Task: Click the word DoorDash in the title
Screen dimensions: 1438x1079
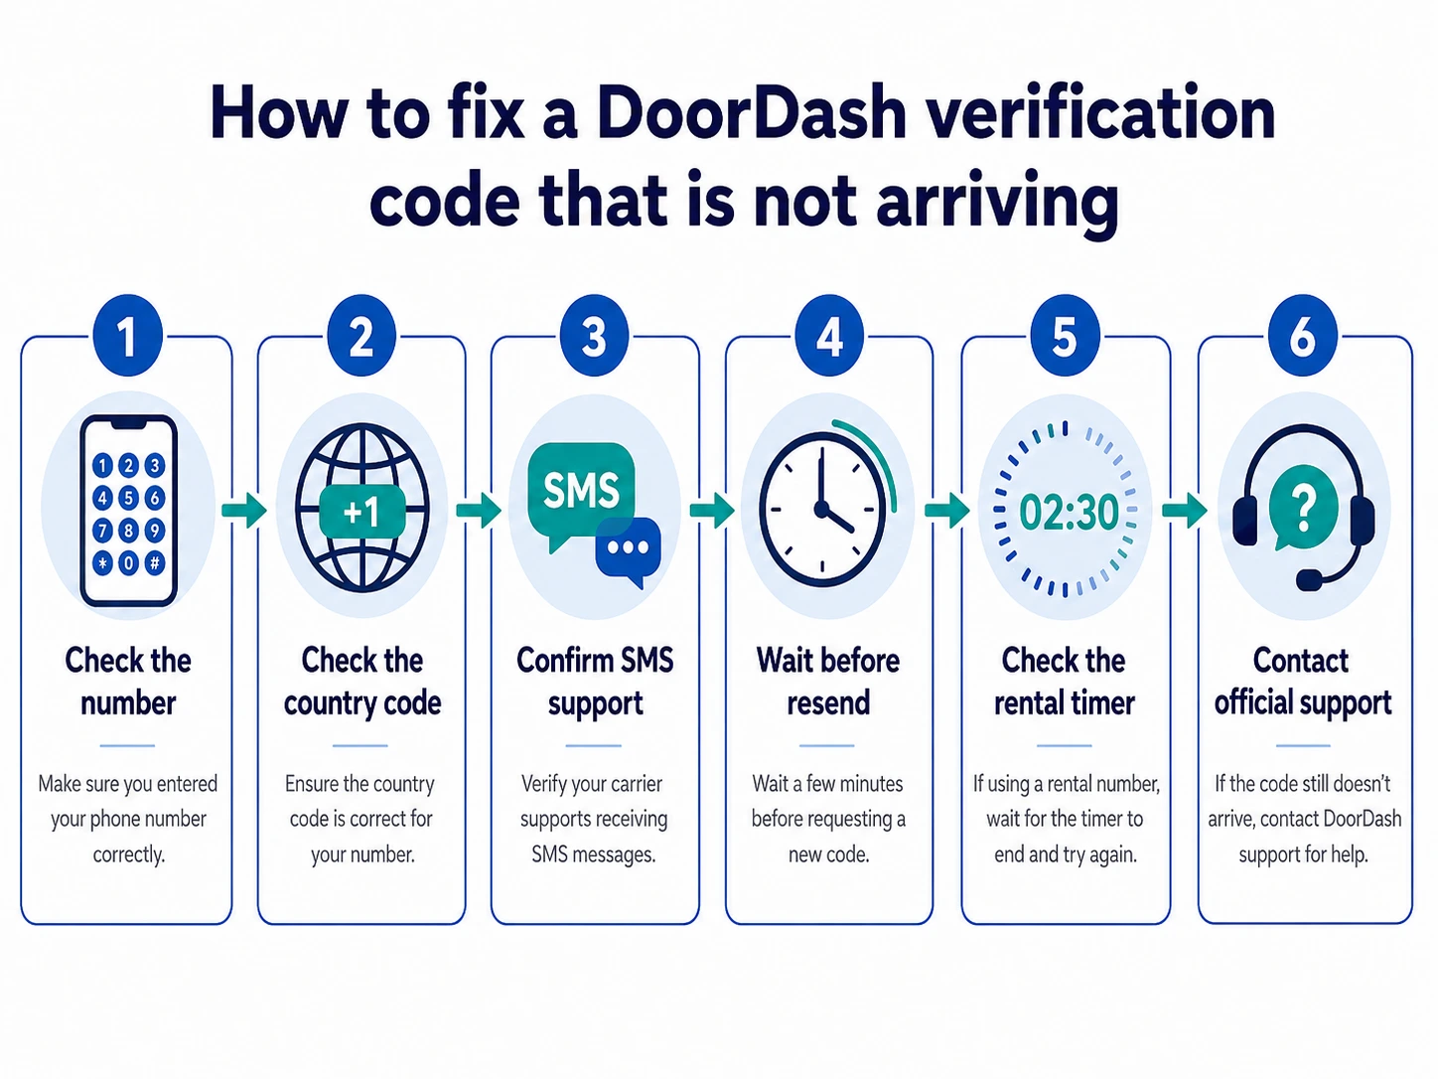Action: (x=751, y=112)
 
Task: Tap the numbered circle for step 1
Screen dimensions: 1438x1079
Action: (x=128, y=336)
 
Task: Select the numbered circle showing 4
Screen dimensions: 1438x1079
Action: (x=828, y=336)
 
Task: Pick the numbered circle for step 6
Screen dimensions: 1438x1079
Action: (x=1302, y=336)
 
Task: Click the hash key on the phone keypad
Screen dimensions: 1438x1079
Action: (x=155, y=562)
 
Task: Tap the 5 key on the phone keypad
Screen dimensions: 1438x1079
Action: (x=128, y=497)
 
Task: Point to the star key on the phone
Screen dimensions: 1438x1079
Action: (x=102, y=562)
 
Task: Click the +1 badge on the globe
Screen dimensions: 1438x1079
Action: (x=361, y=511)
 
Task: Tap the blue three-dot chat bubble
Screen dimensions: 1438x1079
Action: (x=629, y=549)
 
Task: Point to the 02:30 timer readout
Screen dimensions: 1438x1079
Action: (x=1069, y=513)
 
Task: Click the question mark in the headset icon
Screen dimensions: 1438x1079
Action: (x=1303, y=506)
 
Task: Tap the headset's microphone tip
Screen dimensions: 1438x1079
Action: (x=1309, y=580)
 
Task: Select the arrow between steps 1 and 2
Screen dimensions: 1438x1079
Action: (x=243, y=510)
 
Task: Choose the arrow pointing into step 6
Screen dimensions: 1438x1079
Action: (x=1185, y=510)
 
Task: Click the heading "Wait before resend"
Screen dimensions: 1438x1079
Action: (x=828, y=682)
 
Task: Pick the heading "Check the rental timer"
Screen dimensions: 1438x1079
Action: (x=1064, y=682)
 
